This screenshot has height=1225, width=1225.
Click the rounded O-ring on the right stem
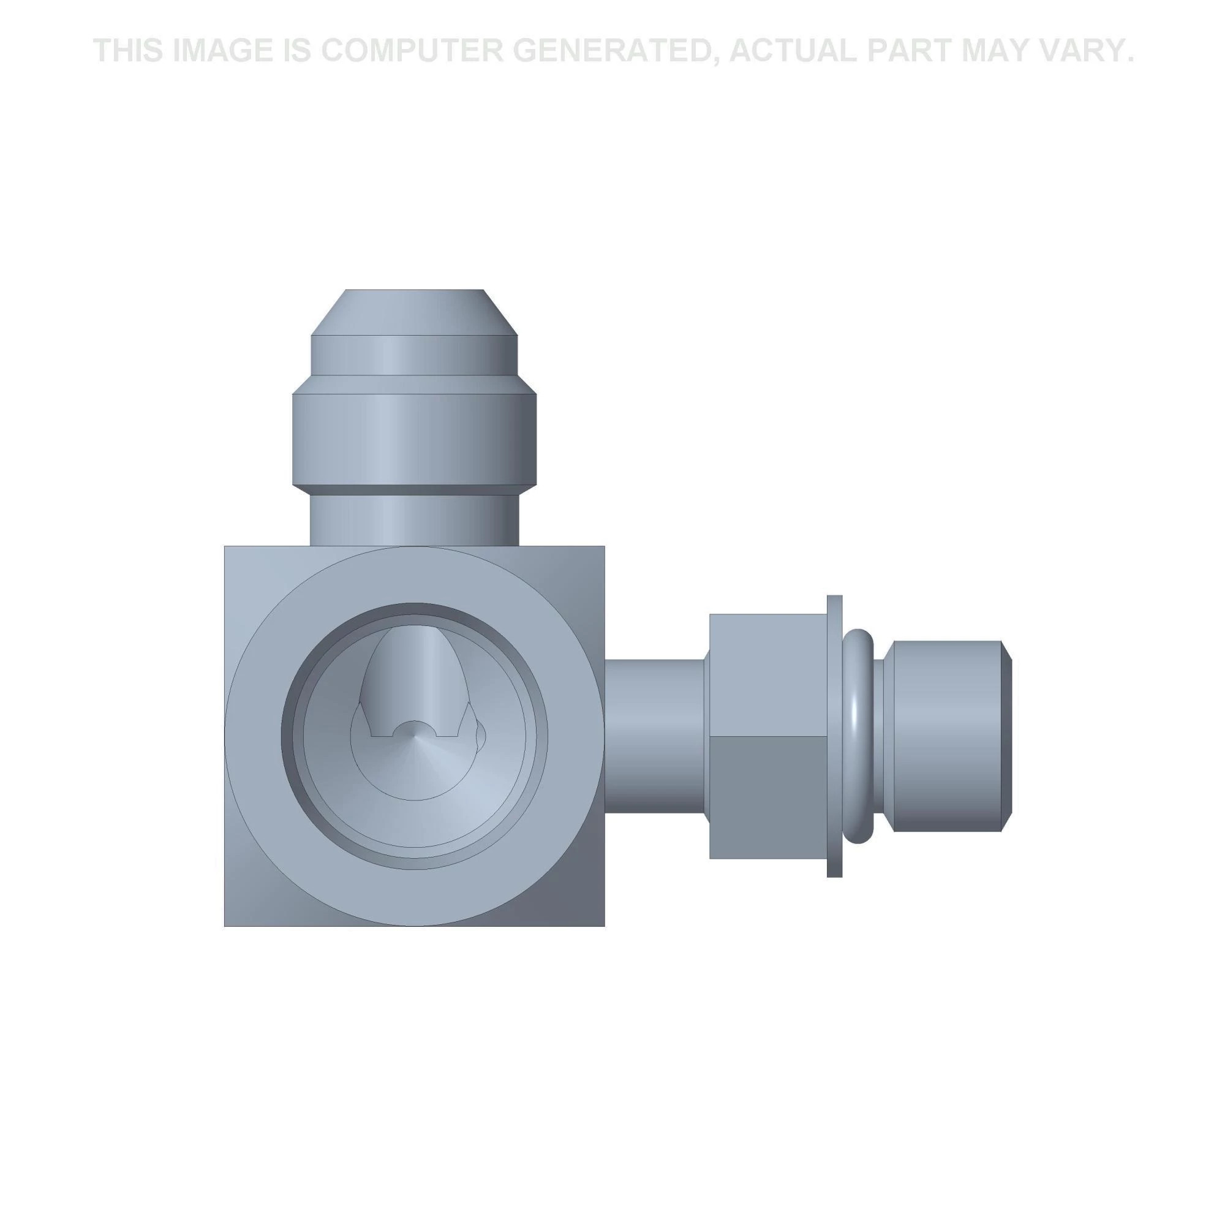point(859,736)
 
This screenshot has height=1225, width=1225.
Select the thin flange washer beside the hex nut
point(834,736)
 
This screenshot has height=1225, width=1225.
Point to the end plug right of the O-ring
point(944,736)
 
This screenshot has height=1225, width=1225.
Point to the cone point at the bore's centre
point(413,737)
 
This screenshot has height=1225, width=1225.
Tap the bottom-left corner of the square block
point(232,919)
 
